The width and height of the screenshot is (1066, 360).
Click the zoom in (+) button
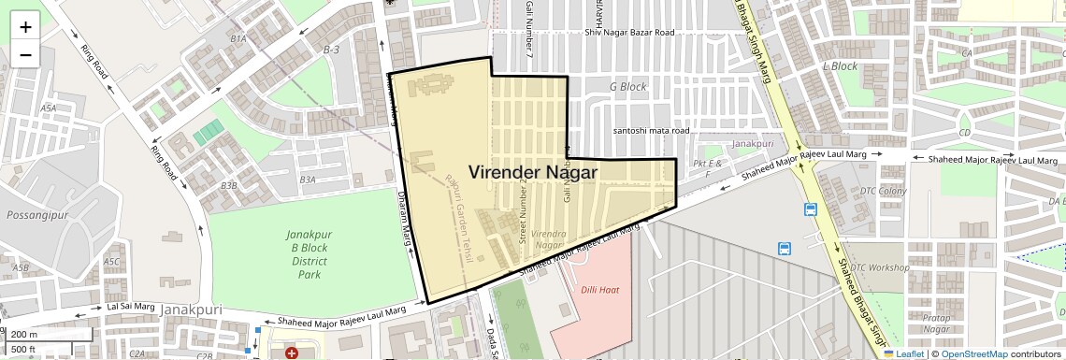point(25,26)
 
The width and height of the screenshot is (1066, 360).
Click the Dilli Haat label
point(599,290)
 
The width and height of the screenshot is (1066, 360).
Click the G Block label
point(627,87)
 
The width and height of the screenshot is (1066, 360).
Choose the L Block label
point(840,66)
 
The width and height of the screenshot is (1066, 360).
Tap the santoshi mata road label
point(651,132)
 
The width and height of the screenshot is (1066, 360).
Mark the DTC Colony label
point(884,192)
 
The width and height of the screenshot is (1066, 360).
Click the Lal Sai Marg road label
point(131,306)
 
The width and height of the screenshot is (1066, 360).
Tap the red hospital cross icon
point(293,354)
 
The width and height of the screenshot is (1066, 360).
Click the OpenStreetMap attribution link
point(974,353)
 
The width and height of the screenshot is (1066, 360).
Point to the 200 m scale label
point(25,334)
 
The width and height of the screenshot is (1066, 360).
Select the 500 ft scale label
point(23,350)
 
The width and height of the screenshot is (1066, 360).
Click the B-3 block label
point(331,49)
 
